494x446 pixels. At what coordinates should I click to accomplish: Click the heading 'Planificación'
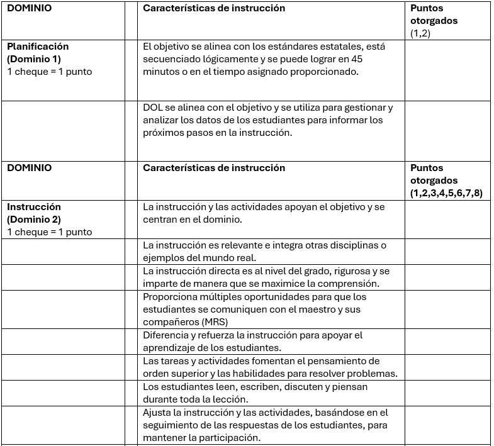(38, 47)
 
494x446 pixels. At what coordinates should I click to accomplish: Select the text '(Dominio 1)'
(33, 59)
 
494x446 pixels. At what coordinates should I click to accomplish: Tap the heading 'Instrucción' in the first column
(34, 207)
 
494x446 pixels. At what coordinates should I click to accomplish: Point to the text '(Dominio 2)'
(34, 220)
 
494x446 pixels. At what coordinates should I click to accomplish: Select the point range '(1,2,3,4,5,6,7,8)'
(446, 193)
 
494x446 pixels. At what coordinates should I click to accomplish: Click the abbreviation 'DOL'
(153, 108)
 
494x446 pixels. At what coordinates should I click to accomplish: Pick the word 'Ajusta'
(157, 413)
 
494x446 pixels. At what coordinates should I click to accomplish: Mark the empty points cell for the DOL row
(447, 130)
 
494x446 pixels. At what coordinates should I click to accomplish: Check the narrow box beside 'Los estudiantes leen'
(131, 393)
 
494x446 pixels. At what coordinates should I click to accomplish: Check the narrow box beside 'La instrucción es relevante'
(131, 252)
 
